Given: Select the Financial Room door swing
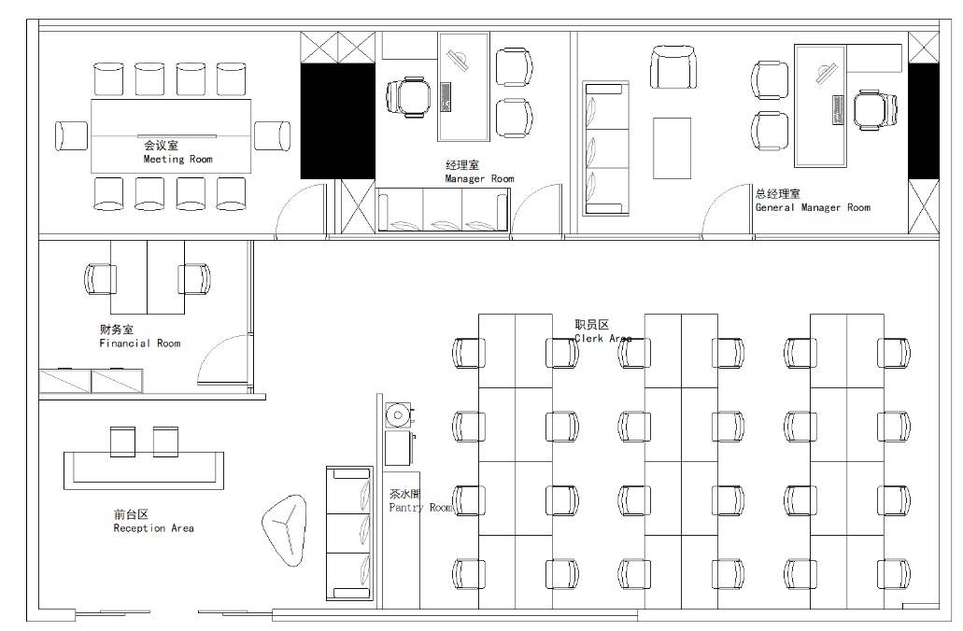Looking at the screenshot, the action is pos(223,359).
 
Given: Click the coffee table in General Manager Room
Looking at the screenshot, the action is pos(672,147).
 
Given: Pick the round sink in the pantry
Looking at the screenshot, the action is pos(398,415).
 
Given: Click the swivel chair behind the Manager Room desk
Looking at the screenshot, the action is pos(408,97).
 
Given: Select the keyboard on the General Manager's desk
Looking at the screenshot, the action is pos(839,110).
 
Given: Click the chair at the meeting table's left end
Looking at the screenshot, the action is pos(71,136).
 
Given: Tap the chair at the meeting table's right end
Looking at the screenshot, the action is pos(273,135).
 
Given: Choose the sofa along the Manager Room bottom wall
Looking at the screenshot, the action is pos(443,210).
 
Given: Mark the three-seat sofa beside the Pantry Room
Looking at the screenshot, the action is pos(349,533).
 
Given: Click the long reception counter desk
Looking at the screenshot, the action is pos(144,470).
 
